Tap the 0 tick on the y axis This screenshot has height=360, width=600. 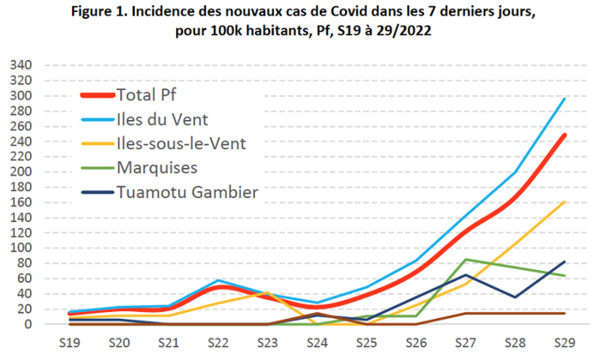point(27,324)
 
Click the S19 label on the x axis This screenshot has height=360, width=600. point(71,344)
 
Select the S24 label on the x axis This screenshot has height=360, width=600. point(316,344)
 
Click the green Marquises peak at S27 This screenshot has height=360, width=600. point(466,260)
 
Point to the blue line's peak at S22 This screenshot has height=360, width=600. point(219,280)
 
